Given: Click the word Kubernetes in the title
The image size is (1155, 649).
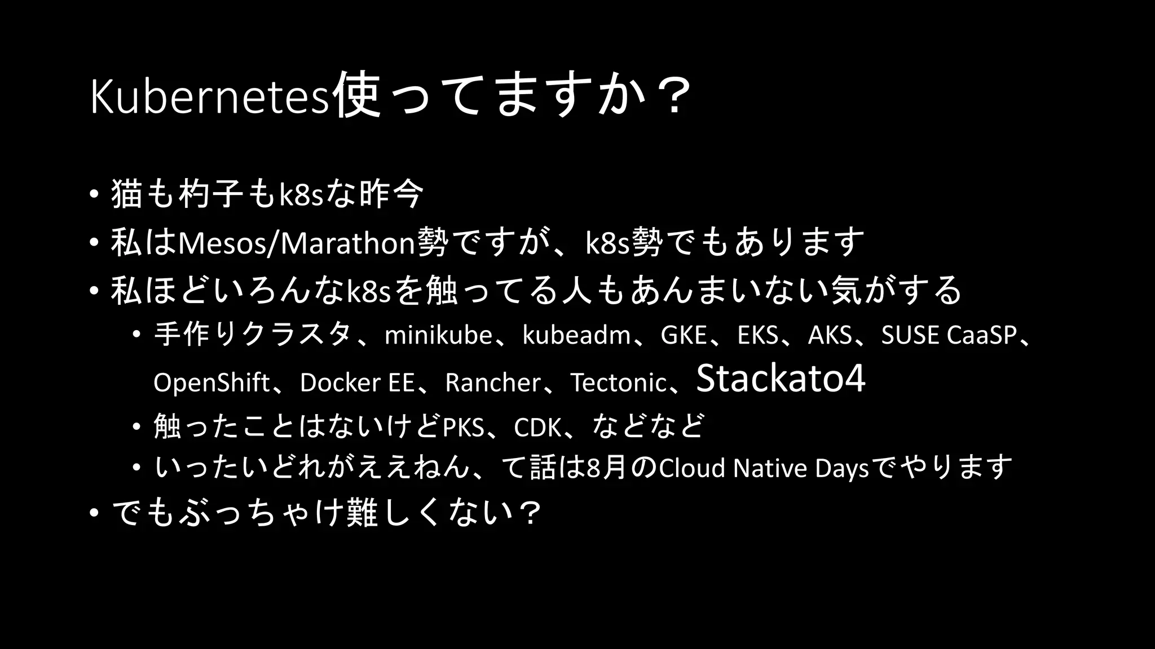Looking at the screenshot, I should (x=209, y=97).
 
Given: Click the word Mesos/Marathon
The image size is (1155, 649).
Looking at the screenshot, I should (x=297, y=243).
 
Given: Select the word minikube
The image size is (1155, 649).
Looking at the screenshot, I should (x=438, y=336).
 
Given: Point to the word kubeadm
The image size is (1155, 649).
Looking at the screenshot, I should (x=576, y=336).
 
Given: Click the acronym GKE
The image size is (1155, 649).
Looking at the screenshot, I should (x=684, y=336).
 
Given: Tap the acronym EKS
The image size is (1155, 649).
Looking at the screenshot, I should (x=758, y=336).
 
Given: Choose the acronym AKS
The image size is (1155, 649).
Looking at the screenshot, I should (x=830, y=336).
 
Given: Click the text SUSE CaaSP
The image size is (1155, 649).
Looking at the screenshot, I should (x=949, y=336).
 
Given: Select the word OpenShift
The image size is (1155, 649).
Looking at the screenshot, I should (x=211, y=383).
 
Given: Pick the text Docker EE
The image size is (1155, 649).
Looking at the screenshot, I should (x=357, y=383).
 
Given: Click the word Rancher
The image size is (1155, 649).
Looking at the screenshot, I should (x=492, y=383).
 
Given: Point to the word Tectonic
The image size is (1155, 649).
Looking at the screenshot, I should (x=618, y=383).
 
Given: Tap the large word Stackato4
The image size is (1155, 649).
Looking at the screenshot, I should (x=781, y=379).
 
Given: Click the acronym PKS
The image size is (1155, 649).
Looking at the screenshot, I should (x=464, y=428).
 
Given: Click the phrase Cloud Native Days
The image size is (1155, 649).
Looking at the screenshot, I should (x=764, y=468).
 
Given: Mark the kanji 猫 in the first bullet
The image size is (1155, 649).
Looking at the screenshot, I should (x=127, y=194).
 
